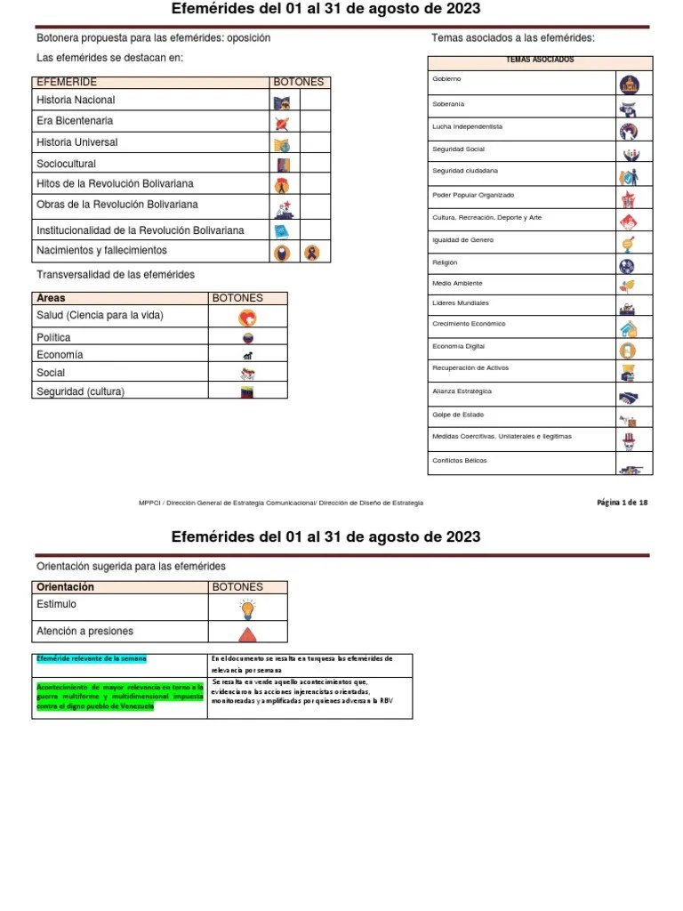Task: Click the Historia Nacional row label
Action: (76, 101)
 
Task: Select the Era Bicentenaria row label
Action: (75, 121)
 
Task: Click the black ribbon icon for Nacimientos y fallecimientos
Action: (311, 253)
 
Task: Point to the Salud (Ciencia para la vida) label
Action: (100, 316)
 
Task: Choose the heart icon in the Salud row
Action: (247, 318)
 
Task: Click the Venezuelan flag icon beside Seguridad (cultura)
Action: (247, 391)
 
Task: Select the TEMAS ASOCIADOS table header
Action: (539, 60)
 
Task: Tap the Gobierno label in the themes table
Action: (446, 79)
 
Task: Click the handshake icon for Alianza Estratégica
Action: (630, 395)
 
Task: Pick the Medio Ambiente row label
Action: (457, 283)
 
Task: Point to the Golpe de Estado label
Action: (458, 415)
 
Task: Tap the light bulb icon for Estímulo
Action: (247, 609)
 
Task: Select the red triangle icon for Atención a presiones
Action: (247, 633)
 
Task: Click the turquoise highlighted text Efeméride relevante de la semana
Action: (91, 658)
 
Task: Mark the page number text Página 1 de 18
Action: (622, 503)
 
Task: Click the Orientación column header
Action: (65, 587)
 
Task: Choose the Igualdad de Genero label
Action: (462, 240)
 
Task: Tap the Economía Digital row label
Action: (458, 346)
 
